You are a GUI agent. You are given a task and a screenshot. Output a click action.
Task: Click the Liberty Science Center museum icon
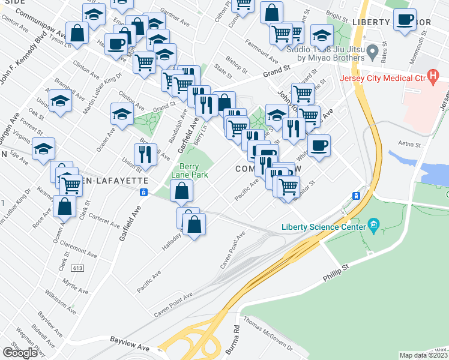pyautogui.click(x=374, y=226)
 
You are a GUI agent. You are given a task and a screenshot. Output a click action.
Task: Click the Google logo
pyautogui.click(x=20, y=353)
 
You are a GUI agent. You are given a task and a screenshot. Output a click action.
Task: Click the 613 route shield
pyautogui.click(x=76, y=268)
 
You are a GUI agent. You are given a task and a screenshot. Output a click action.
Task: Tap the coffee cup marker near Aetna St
pyautogui.click(x=319, y=145)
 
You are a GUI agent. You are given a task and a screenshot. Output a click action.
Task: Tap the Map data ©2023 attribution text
pyautogui.click(x=424, y=355)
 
